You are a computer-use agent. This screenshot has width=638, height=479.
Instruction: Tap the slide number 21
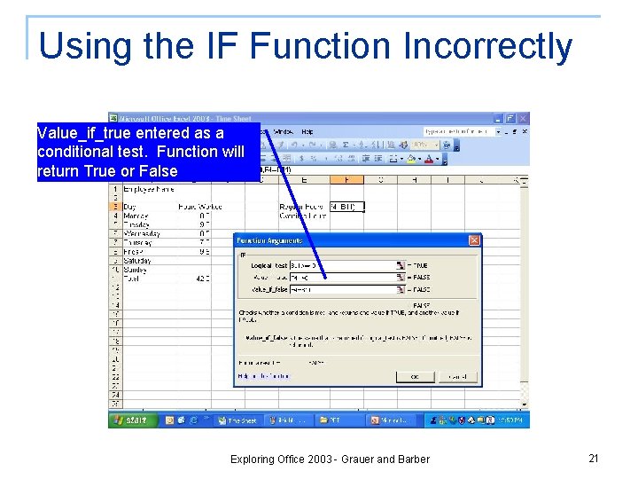pos(594,458)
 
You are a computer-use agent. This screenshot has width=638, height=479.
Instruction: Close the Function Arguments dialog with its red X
pos(474,240)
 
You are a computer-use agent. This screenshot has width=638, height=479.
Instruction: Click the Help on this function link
pos(264,376)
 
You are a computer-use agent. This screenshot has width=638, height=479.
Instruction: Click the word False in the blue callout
pos(159,170)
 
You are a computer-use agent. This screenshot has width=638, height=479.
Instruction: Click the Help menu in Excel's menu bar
pos(307,131)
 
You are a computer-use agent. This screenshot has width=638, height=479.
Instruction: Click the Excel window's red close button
pos(523,118)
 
